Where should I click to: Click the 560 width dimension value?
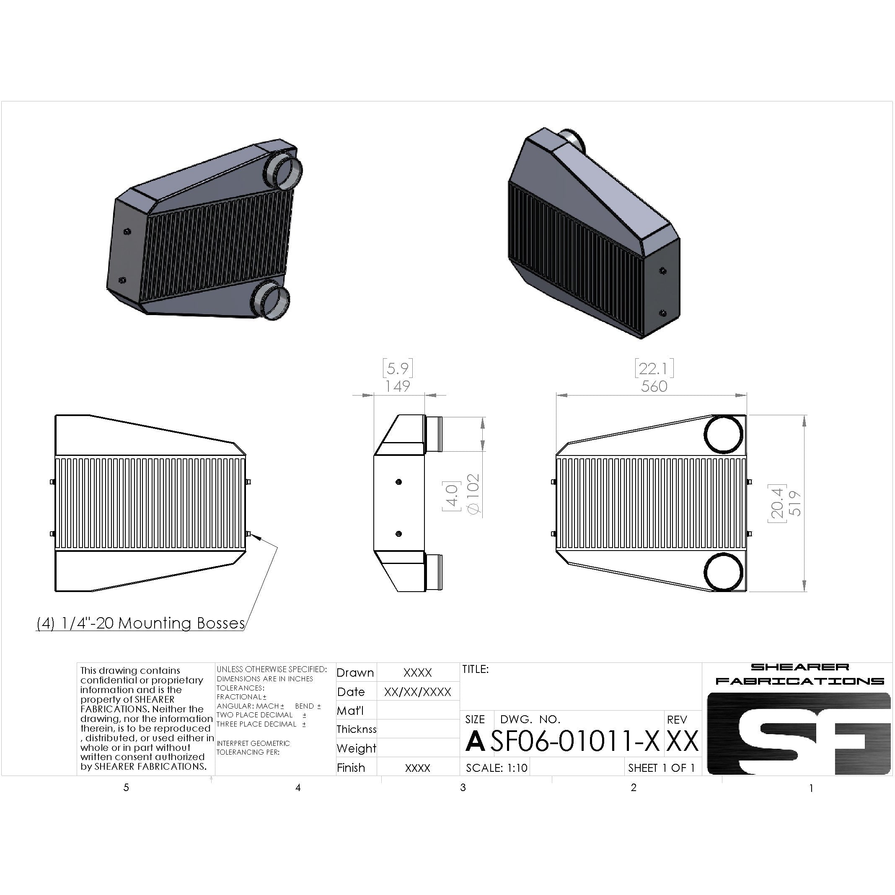[x=654, y=386]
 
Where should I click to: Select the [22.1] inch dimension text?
[x=654, y=369]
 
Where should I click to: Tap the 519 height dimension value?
[x=795, y=503]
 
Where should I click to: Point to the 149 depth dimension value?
[x=398, y=386]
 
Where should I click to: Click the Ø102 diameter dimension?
[x=474, y=494]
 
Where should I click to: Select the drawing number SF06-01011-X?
[x=574, y=741]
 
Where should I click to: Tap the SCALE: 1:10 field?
[x=496, y=768]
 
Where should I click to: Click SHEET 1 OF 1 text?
[x=661, y=768]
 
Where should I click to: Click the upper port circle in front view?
[x=723, y=435]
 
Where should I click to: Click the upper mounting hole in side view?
[x=399, y=482]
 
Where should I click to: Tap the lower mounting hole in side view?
[x=399, y=534]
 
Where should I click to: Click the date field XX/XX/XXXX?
[x=417, y=692]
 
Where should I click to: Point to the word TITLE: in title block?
[x=475, y=670]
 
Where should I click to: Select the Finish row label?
[x=351, y=768]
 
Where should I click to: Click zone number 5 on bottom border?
[x=126, y=788]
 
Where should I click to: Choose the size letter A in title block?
[x=475, y=742]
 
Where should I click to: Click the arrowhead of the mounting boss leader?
[x=253, y=535]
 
